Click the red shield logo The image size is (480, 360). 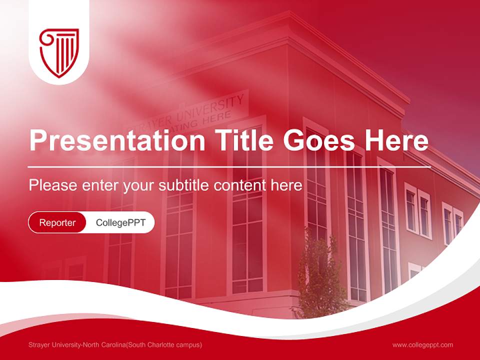click(59, 52)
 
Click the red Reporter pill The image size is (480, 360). click(57, 222)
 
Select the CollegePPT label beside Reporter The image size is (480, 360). click(120, 222)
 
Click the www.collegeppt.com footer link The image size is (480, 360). click(422, 345)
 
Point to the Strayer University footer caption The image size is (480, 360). click(115, 345)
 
